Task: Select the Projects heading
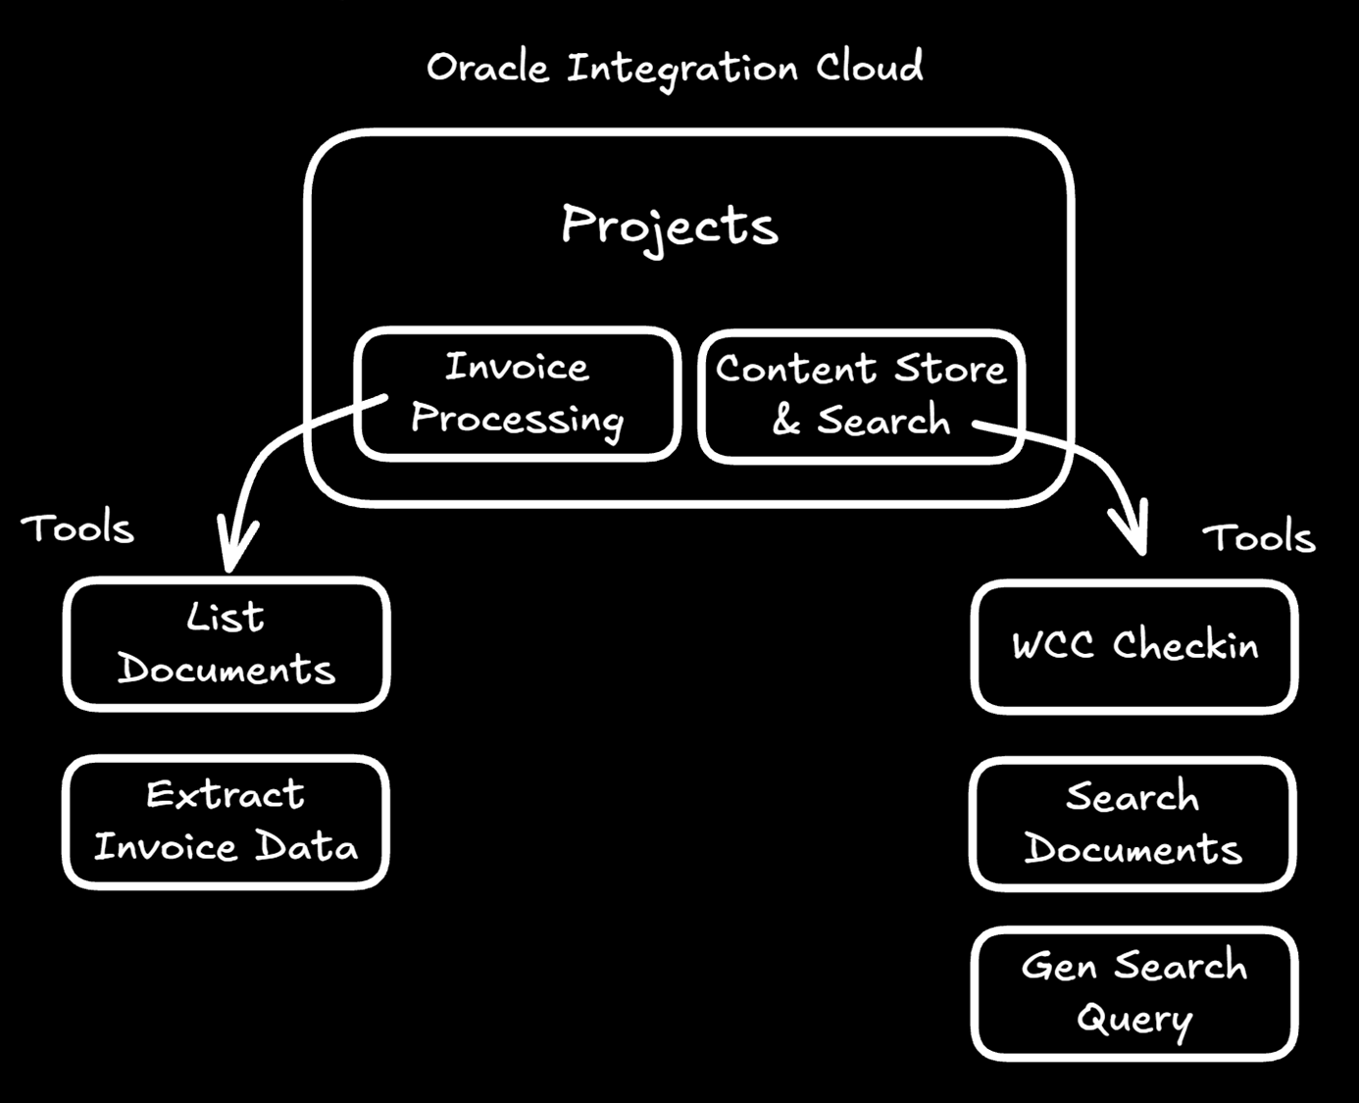[670, 226]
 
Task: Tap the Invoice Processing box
[517, 394]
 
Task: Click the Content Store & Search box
[861, 395]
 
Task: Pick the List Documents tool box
[226, 644]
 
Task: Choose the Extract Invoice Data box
[226, 822]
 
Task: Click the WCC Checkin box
[1134, 646]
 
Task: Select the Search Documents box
[1132, 824]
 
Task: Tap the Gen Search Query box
[1134, 993]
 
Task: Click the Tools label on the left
[77, 528]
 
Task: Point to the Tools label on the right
[1259, 537]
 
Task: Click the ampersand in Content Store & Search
[786, 421]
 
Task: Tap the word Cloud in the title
[870, 68]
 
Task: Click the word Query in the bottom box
[1134, 1020]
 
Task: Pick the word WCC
[1053, 646]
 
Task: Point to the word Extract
[226, 794]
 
